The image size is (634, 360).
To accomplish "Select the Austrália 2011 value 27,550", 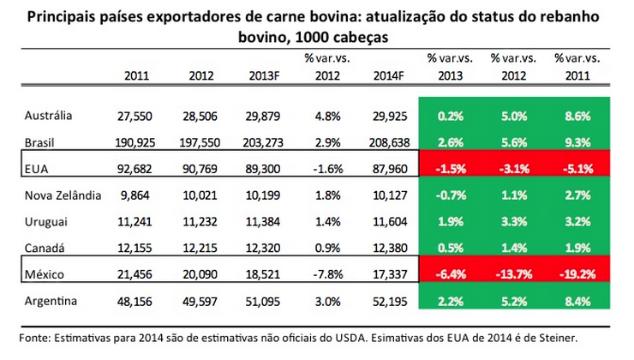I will (x=136, y=115).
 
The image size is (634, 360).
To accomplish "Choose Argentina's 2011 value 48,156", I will (x=136, y=302).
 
